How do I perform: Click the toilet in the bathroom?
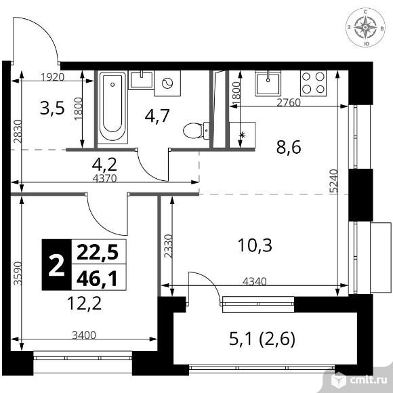click(x=196, y=131)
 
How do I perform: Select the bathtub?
click(x=112, y=107)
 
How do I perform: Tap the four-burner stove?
click(x=313, y=83)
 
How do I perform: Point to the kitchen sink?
click(x=268, y=83)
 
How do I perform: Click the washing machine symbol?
click(x=167, y=83)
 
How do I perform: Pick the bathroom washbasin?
click(x=141, y=80)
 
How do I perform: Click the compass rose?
click(x=365, y=27)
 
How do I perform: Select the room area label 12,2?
click(x=85, y=304)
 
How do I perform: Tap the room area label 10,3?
click(x=255, y=245)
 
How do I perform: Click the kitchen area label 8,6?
click(x=289, y=147)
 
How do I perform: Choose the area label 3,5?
click(x=52, y=108)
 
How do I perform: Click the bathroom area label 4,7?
click(x=157, y=116)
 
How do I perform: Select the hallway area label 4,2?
click(x=104, y=164)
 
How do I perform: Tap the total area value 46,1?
click(x=97, y=278)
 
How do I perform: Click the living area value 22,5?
click(x=98, y=252)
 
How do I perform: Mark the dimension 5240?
click(x=334, y=181)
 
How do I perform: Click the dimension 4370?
click(x=105, y=178)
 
